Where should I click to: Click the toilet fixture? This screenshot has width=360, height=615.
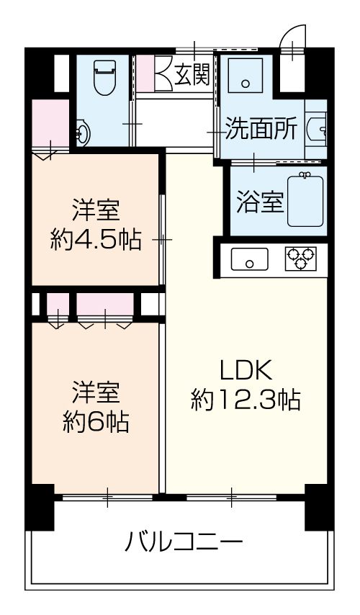click(x=105, y=78)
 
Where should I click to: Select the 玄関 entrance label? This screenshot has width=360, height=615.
click(x=192, y=74)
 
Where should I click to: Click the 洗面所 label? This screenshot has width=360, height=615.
click(x=261, y=129)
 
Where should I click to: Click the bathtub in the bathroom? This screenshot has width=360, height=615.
click(x=306, y=200)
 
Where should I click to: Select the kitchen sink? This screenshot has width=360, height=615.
click(x=249, y=259)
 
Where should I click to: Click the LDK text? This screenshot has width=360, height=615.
click(x=246, y=370)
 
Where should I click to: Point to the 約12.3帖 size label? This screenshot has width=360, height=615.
click(x=246, y=400)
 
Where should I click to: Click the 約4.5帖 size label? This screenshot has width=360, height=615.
click(x=96, y=239)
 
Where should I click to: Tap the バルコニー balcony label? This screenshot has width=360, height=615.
click(x=184, y=542)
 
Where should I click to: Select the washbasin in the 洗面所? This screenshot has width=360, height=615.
click(x=317, y=129)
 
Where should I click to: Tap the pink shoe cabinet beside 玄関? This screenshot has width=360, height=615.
click(x=145, y=73)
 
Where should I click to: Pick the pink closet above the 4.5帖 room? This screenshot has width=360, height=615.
click(x=50, y=123)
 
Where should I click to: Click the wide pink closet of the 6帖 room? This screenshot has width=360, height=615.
click(x=105, y=304)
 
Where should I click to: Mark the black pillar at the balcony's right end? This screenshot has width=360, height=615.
click(x=319, y=508)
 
